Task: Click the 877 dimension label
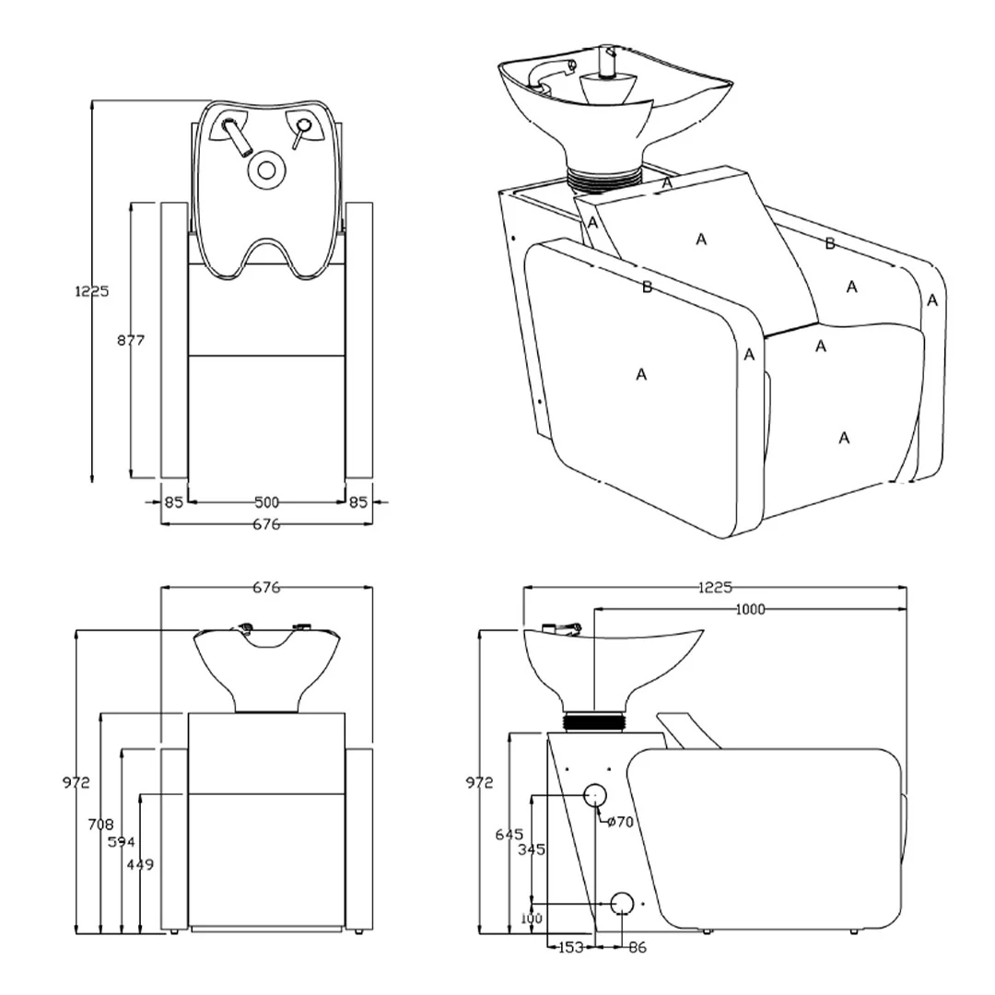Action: tap(131, 340)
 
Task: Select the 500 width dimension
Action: tap(266, 502)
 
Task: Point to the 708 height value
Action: tap(101, 825)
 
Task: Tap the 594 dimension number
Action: tap(122, 842)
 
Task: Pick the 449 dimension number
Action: tap(140, 864)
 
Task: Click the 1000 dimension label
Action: tap(750, 609)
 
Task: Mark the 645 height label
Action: tap(509, 835)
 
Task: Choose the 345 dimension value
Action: tap(532, 849)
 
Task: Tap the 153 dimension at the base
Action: tap(570, 947)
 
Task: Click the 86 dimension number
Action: tap(638, 947)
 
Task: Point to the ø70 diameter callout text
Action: tap(620, 822)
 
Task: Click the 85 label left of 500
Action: tap(174, 502)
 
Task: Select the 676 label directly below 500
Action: tap(266, 524)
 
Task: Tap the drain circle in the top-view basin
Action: tap(266, 170)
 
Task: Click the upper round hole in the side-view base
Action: tap(595, 794)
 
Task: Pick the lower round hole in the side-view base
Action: tap(622, 903)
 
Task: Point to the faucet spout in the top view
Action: tap(236, 137)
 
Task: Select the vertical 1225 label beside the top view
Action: tap(92, 291)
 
